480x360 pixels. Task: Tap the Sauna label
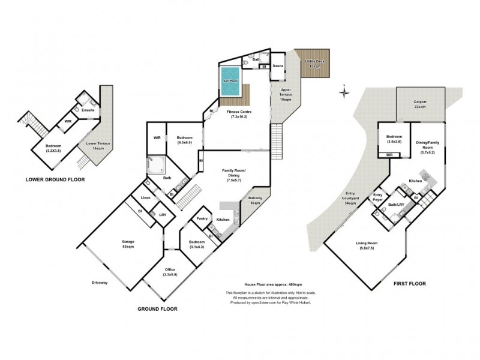click(x=278, y=65)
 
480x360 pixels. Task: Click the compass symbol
click(x=344, y=92)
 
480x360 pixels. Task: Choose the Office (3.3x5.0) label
click(x=170, y=272)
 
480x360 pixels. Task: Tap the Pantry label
click(x=202, y=218)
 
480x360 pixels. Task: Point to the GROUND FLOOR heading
click(x=157, y=309)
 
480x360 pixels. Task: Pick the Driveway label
click(x=100, y=283)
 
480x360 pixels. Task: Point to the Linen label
click(x=145, y=197)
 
